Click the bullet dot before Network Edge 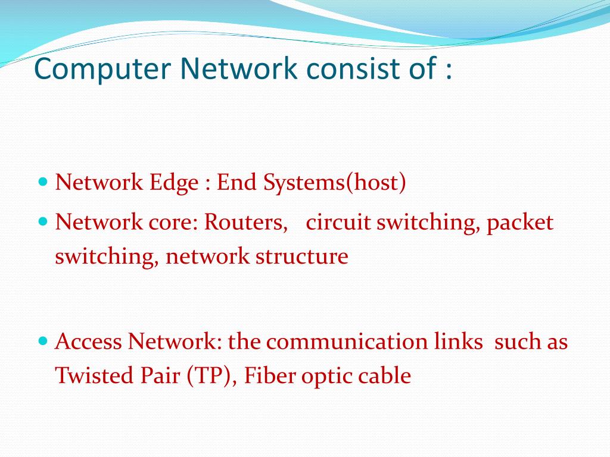pyautogui.click(x=42, y=179)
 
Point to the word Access pyautogui.click(x=88, y=342)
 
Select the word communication pyautogui.click(x=347, y=342)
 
